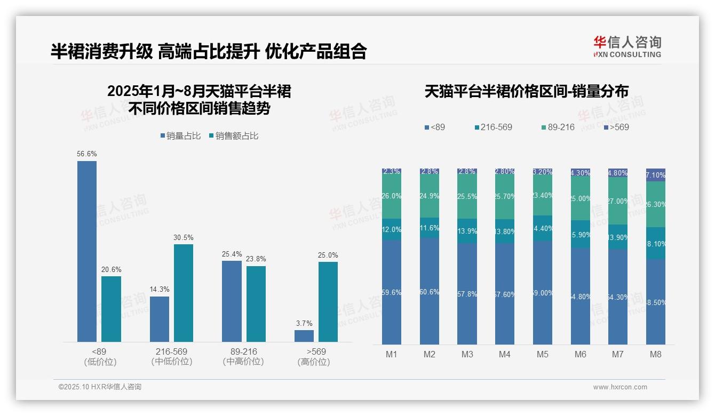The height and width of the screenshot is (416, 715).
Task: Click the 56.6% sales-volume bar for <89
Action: click(87, 251)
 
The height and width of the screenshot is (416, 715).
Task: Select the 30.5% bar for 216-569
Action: click(184, 293)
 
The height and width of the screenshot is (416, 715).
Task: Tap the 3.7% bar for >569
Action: click(304, 336)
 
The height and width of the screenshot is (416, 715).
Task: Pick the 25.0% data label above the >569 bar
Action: click(328, 255)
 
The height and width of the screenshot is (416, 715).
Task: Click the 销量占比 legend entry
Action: click(180, 136)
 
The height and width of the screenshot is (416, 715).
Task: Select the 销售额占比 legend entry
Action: click(233, 136)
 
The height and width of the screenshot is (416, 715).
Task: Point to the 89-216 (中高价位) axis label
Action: click(243, 356)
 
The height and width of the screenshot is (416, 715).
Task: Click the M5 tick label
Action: click(543, 354)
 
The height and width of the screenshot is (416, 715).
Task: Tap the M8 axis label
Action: click(656, 354)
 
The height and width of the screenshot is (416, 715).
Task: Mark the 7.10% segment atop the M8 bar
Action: click(656, 175)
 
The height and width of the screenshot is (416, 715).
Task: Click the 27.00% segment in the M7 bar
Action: click(618, 201)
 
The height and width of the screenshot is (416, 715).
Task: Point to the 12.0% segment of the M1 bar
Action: click(392, 229)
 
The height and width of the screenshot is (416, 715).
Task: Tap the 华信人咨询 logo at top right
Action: click(627, 46)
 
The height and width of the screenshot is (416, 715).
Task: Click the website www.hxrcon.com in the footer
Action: click(620, 387)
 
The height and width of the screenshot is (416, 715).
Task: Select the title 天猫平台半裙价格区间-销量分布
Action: click(526, 91)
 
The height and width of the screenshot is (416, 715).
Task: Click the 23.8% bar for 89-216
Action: click(256, 304)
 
